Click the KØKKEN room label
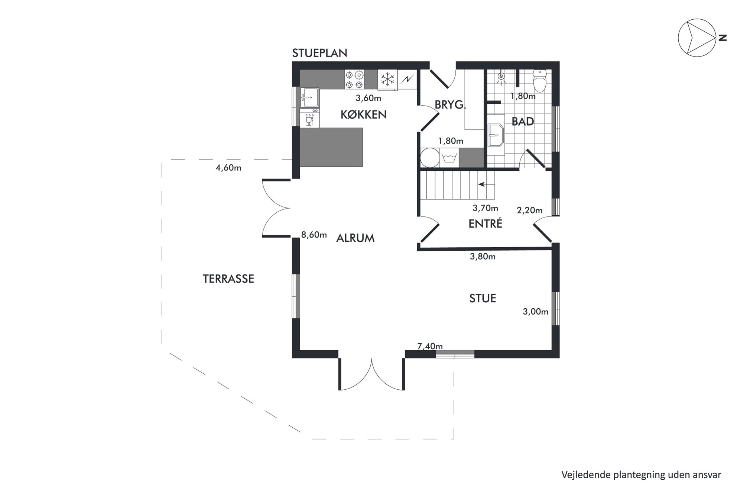pos(363,115)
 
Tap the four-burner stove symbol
pos(354,80)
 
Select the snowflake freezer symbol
pos(387,80)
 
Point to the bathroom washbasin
pos(496,135)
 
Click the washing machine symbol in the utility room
pos(449,158)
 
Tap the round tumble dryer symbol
pos(430,158)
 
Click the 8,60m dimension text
pos(314,235)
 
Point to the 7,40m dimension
pos(430,346)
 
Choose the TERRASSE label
pos(228,279)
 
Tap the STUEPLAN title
pos(319,53)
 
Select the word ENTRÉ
pos(485,224)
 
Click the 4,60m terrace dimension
pos(228,168)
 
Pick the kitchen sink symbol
pos(309,97)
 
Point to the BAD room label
pos(523,122)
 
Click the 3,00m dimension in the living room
pos(535,312)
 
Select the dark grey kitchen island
pos(331,147)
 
